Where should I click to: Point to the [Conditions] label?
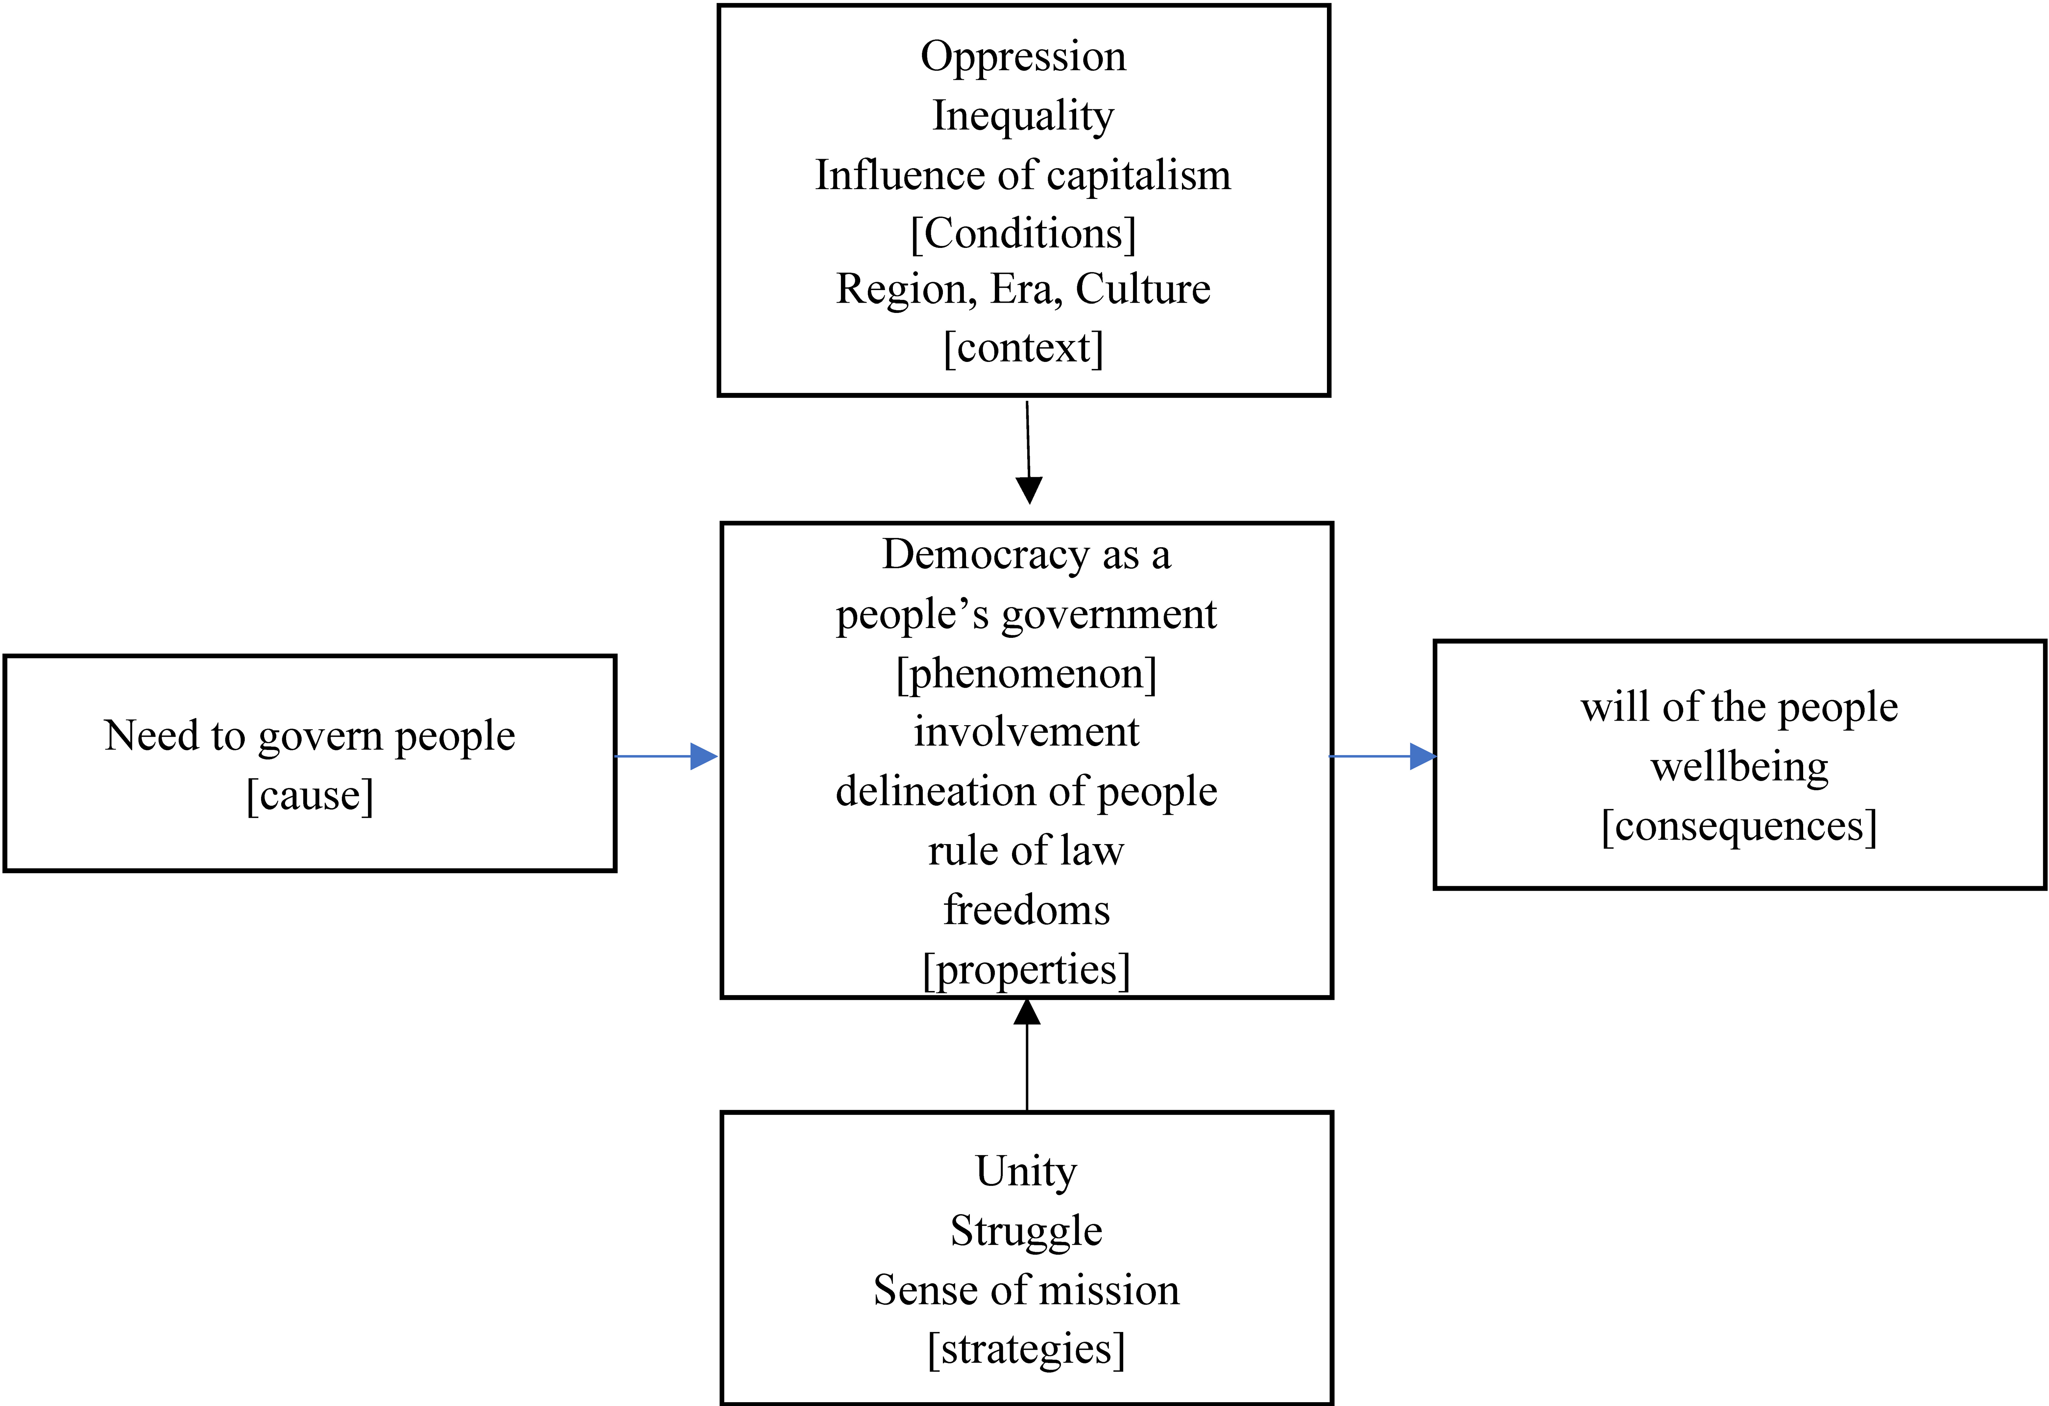point(1023,234)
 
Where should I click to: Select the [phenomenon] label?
point(1026,674)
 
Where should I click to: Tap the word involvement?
point(1026,732)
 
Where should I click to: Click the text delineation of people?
point(1026,791)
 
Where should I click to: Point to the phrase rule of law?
point(1026,850)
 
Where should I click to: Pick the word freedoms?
point(1026,909)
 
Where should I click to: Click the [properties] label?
point(1026,969)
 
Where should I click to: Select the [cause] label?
point(310,795)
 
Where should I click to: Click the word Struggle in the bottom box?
point(1026,1231)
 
